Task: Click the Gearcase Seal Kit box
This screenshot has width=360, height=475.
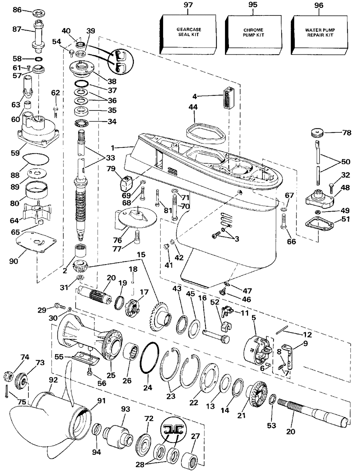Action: (x=188, y=34)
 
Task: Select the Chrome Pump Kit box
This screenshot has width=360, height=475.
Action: (x=253, y=35)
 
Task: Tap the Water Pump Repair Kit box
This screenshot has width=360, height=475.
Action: (x=320, y=35)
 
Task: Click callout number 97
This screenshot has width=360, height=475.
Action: (x=188, y=5)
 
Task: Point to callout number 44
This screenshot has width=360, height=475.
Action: (x=193, y=107)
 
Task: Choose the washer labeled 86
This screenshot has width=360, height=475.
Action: (x=39, y=13)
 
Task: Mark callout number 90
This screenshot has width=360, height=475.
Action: (x=13, y=261)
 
